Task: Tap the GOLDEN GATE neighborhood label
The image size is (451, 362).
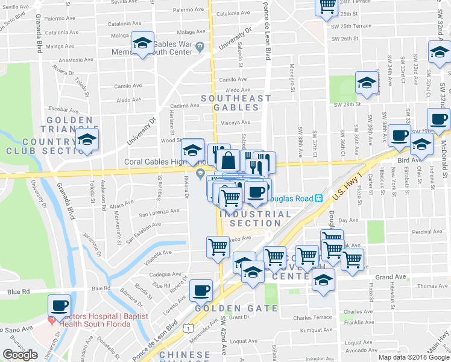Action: click(x=236, y=308)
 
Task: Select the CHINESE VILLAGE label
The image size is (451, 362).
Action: click(x=186, y=354)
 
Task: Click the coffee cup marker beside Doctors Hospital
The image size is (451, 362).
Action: click(x=59, y=305)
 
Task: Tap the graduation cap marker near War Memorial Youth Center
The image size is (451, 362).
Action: click(x=142, y=43)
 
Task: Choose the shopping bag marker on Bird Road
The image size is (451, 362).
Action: click(x=229, y=161)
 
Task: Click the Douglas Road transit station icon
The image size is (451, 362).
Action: click(x=319, y=198)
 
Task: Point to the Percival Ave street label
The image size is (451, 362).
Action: click(x=426, y=232)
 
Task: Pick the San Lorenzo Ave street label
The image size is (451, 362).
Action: click(x=159, y=212)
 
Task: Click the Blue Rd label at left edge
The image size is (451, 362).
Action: click(x=19, y=291)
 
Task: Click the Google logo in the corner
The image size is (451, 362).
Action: click(x=19, y=354)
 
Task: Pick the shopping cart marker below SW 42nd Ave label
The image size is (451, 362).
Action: click(x=218, y=246)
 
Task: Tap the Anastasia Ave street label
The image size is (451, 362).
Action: click(x=74, y=60)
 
